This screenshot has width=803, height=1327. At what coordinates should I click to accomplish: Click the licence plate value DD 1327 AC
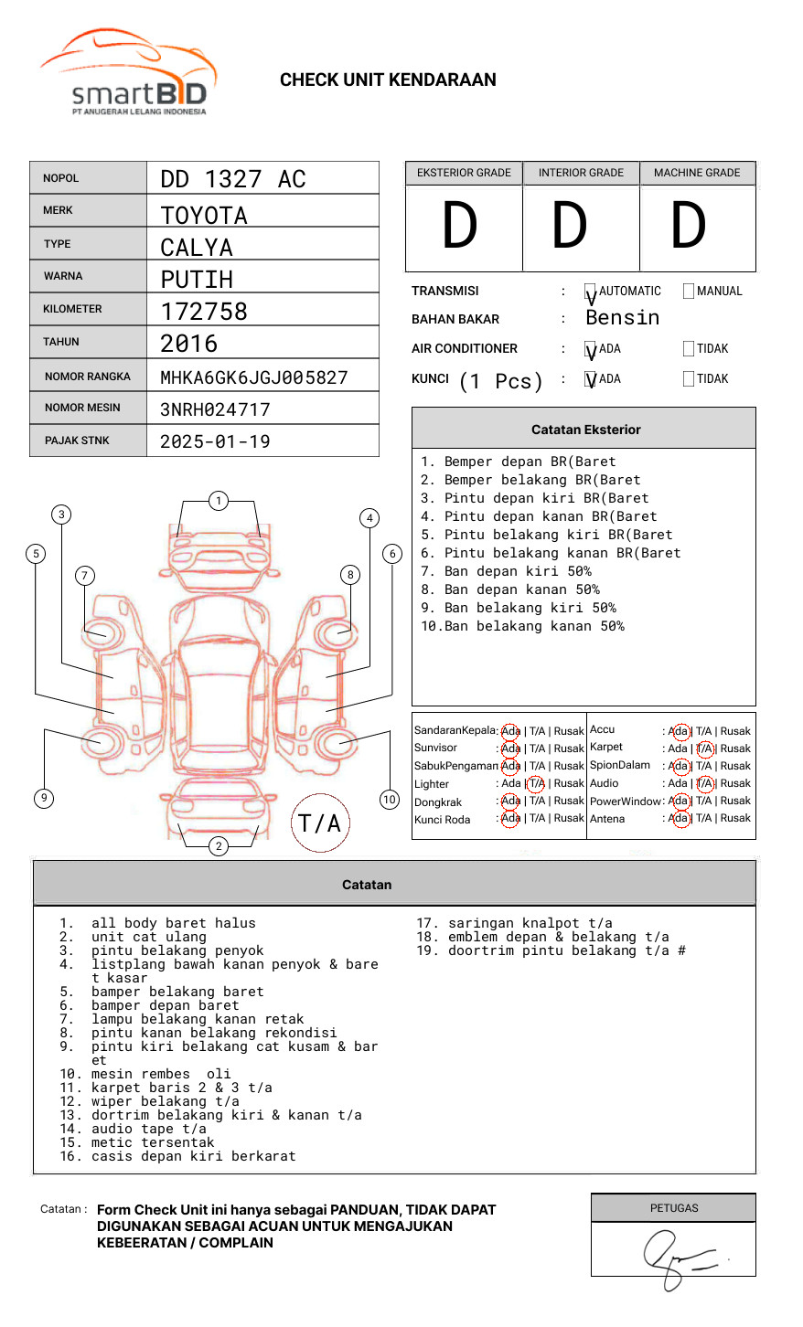coord(233,179)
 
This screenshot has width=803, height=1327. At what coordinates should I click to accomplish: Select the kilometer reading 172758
coord(204,312)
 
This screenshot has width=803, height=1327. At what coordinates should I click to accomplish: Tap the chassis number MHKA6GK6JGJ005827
coord(254,377)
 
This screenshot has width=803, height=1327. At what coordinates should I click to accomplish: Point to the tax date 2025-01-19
coord(215,441)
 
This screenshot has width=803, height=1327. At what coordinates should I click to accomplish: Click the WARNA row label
coord(63,276)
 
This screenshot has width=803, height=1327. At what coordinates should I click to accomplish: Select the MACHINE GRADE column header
coord(697,173)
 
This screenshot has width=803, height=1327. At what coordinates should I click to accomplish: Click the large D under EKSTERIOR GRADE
coord(460,227)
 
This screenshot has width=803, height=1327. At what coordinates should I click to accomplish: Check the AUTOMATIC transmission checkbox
coord(591,292)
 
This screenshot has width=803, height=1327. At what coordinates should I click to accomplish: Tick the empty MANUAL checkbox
coord(689,292)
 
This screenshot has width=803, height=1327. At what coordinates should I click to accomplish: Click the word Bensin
coord(622,318)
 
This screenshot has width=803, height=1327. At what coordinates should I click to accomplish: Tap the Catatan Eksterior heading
coord(585,430)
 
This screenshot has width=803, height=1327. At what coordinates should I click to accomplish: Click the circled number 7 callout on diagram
coord(85,575)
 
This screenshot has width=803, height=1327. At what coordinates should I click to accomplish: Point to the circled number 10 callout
coord(390,800)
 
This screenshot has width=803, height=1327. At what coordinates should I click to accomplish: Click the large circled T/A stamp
coord(320,823)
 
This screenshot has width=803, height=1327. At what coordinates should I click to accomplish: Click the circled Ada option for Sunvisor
coord(510,748)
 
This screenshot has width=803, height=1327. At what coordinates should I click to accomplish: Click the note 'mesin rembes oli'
coord(161,1074)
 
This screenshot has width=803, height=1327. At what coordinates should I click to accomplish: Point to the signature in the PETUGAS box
coord(677,1258)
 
